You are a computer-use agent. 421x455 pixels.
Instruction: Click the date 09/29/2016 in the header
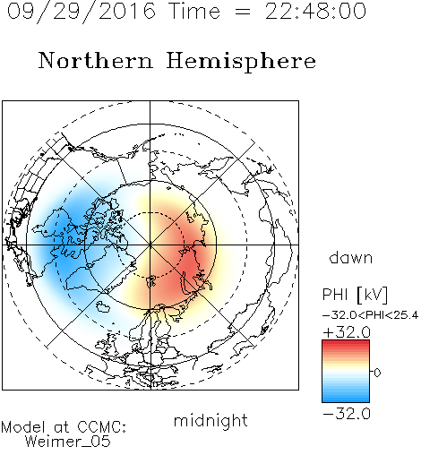82,12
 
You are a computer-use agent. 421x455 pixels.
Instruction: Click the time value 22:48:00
315,12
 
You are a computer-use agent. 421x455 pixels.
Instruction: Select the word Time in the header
194,12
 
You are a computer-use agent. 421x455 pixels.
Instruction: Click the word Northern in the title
96,60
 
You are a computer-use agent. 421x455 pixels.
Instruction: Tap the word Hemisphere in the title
241,62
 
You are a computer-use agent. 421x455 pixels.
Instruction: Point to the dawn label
351,257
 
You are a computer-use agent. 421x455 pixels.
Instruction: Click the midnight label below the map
210,420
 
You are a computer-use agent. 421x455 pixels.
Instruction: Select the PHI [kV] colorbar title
355,295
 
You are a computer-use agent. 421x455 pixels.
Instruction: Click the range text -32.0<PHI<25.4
370,315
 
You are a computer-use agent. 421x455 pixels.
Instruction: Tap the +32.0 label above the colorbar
347,332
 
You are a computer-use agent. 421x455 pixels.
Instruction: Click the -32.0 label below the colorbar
347,414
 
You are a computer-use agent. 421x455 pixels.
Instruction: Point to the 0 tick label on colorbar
377,373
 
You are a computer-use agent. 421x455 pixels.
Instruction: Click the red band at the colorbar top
346,344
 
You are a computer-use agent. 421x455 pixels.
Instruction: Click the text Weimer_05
68,442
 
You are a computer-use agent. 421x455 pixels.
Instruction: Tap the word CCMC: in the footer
101,427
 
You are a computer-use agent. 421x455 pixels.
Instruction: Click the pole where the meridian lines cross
150,245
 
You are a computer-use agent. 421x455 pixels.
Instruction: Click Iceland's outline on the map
103,306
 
